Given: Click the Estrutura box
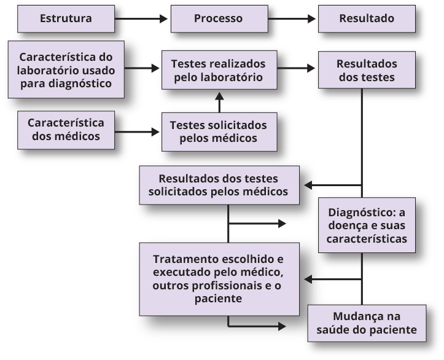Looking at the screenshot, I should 66,18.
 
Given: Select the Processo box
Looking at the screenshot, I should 218,18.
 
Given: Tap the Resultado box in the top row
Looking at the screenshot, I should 367,18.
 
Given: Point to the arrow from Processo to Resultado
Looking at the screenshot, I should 297,18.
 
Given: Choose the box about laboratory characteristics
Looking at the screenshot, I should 66,69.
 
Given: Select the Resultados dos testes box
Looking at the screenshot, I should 367,71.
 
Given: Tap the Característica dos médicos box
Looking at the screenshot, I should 66,128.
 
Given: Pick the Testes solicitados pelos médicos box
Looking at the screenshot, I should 218,131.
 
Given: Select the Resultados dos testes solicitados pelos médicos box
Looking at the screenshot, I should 218,185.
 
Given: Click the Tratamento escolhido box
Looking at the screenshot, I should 218,278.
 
